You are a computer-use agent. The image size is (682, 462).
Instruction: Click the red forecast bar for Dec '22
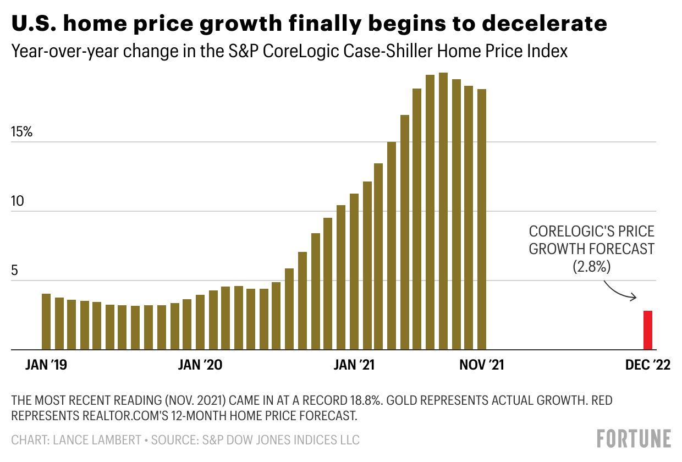point(648,330)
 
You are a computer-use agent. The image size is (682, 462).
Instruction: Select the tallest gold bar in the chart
point(443,212)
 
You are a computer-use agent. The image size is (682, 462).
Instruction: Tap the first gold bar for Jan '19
point(46,322)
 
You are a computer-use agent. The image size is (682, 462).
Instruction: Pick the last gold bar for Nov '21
point(482,220)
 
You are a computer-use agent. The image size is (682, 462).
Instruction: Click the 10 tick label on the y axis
point(19,202)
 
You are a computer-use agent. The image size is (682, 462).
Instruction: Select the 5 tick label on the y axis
point(15,271)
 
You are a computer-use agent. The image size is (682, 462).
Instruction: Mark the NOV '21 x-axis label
point(482,365)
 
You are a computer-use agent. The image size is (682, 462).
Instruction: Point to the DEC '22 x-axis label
point(648,365)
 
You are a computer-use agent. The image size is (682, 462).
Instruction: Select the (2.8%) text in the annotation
point(592,267)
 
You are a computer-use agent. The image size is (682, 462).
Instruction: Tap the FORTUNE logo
point(634,439)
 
